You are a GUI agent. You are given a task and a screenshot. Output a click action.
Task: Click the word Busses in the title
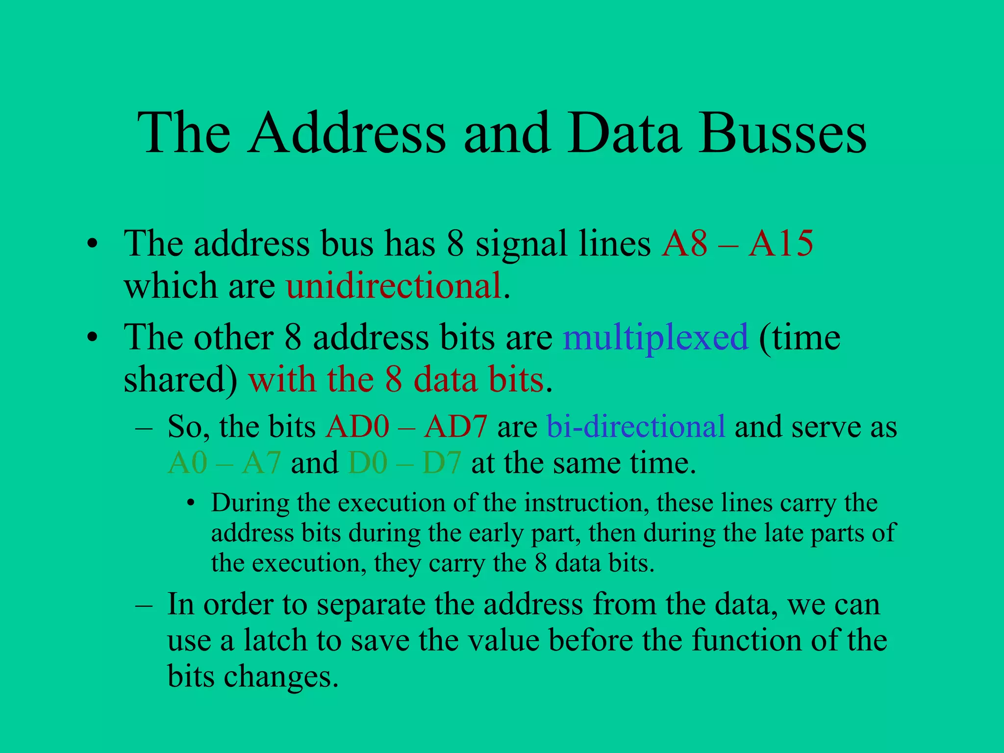pyautogui.click(x=783, y=133)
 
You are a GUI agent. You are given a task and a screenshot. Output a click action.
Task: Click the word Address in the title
pyautogui.click(x=347, y=133)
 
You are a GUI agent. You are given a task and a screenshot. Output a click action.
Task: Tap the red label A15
pyautogui.click(x=780, y=243)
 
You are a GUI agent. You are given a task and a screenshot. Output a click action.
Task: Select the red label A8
pyautogui.click(x=684, y=243)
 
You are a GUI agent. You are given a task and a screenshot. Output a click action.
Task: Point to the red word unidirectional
pyautogui.click(x=394, y=286)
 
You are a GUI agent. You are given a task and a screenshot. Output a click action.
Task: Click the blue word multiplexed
pyautogui.click(x=656, y=337)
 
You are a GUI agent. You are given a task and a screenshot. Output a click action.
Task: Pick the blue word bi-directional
pyautogui.click(x=636, y=426)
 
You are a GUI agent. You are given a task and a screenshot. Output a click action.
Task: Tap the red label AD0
pyautogui.click(x=357, y=426)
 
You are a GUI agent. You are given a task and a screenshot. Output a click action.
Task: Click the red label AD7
pyautogui.click(x=455, y=426)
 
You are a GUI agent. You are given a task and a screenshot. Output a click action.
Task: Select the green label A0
pyautogui.click(x=187, y=462)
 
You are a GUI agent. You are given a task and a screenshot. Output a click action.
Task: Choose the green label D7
pyautogui.click(x=441, y=462)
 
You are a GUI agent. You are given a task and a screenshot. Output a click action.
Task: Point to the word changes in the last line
pyautogui.click(x=281, y=677)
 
